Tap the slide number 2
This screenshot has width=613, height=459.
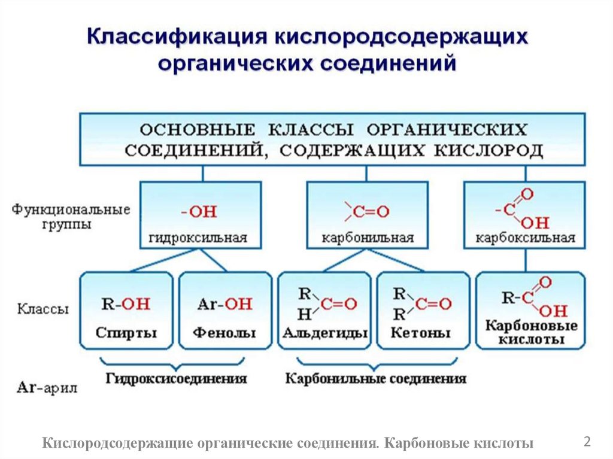[587, 442]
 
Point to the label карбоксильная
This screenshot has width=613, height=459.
[526, 238]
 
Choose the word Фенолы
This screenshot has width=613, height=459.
[224, 333]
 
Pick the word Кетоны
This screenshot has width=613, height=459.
[420, 333]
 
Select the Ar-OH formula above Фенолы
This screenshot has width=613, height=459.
[224, 304]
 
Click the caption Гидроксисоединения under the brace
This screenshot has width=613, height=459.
[177, 379]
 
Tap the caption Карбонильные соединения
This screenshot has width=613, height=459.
[376, 379]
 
